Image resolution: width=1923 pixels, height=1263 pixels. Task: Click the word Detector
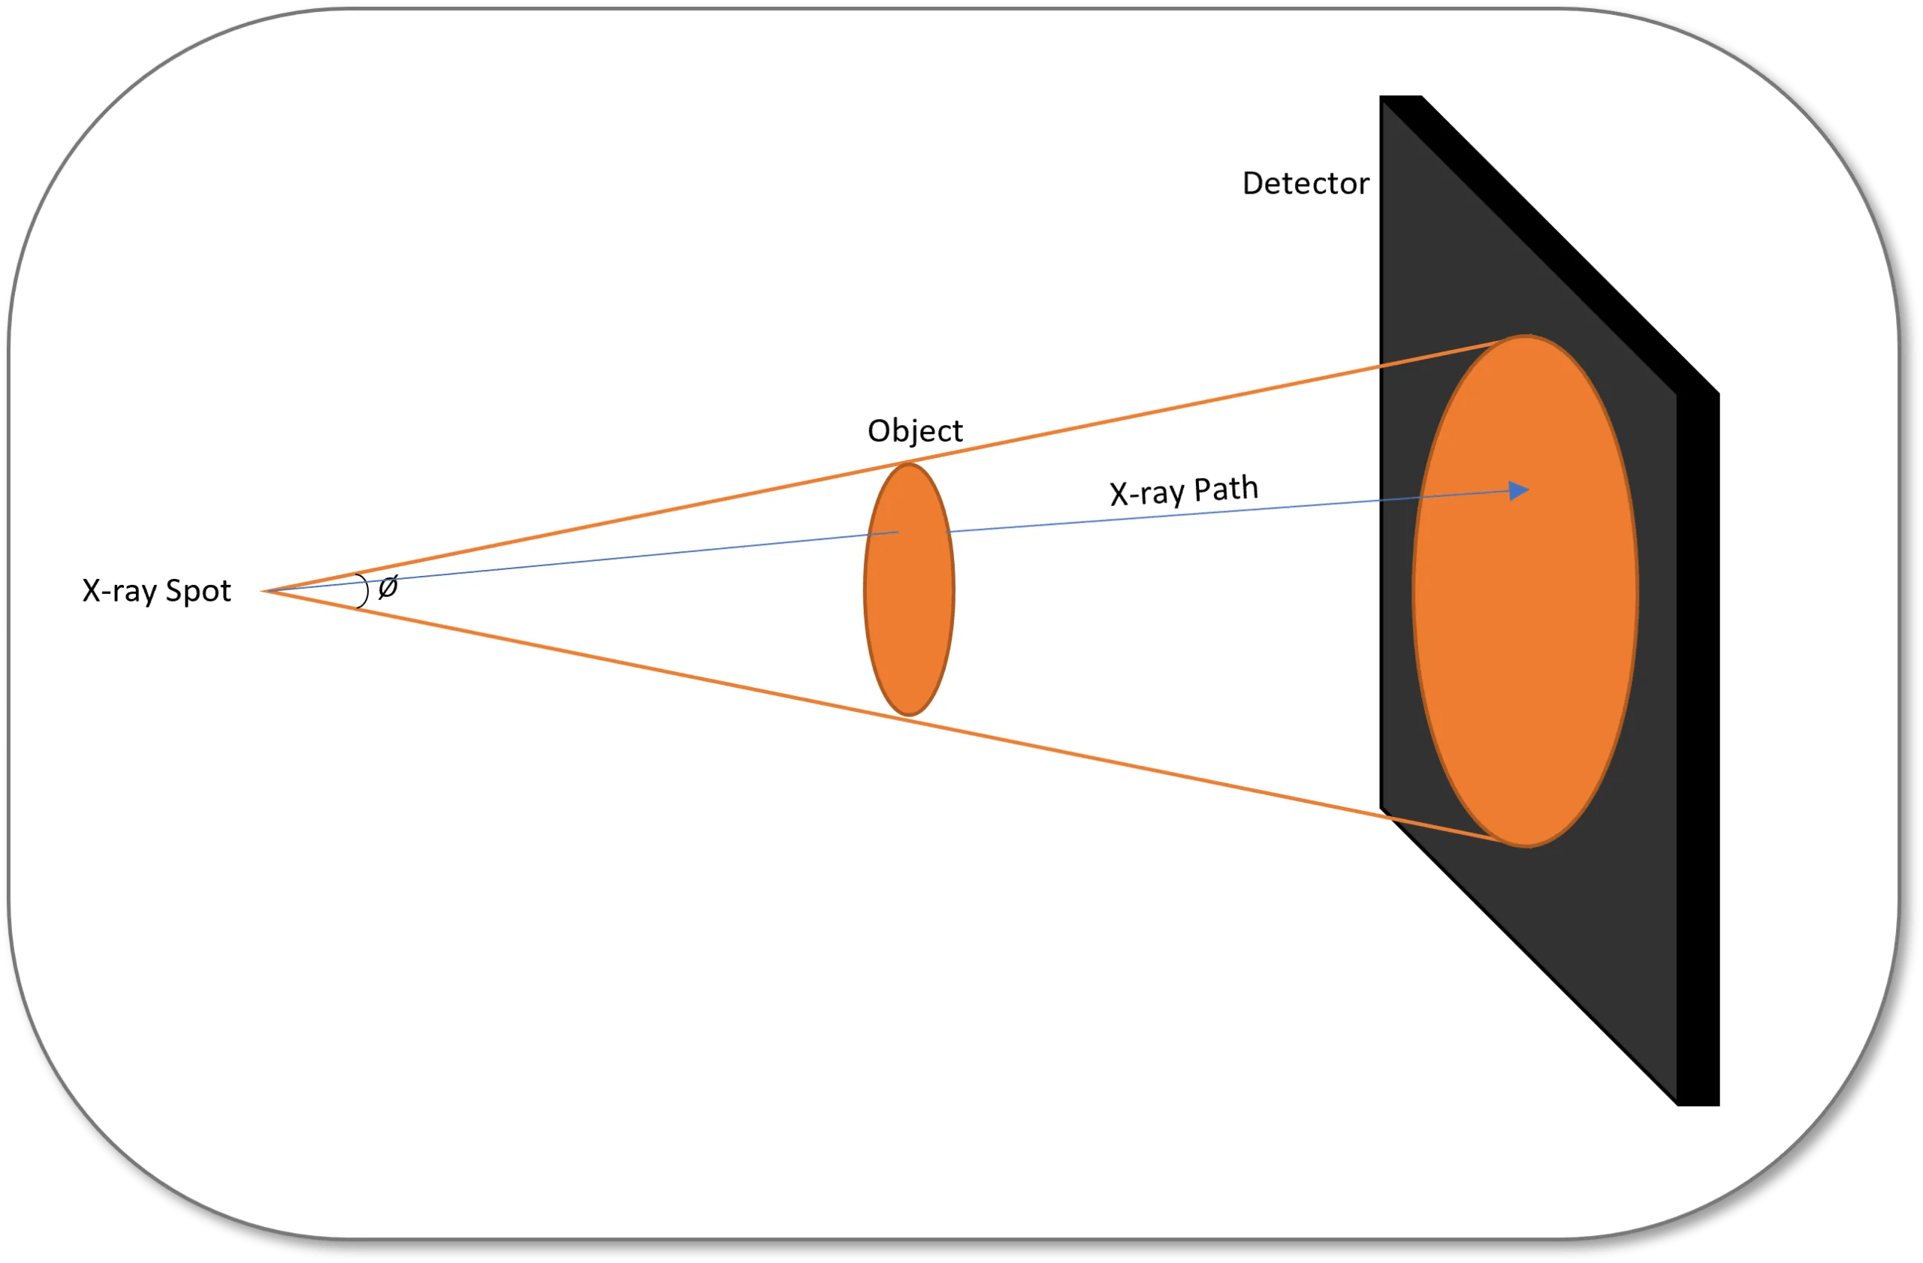[1305, 184]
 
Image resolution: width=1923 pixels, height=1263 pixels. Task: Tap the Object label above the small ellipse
[915, 431]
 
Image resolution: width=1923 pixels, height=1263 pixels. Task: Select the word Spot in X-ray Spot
[198, 591]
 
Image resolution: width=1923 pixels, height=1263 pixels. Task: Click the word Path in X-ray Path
[1226, 489]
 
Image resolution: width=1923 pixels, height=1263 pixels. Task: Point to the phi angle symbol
[388, 586]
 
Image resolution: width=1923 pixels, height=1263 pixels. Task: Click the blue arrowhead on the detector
[1518, 490]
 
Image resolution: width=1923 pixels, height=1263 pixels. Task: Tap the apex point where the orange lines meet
[265, 591]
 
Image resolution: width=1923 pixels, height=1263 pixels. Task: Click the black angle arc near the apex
[365, 589]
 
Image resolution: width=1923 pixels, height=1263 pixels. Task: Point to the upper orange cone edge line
[647, 514]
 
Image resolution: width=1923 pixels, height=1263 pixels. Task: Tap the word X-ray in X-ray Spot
[119, 591]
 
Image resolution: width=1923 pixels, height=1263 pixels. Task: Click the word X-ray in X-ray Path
[1146, 493]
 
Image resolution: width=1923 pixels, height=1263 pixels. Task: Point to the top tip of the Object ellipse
[909, 465]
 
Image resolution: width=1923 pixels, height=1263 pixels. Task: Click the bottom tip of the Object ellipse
[909, 715]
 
